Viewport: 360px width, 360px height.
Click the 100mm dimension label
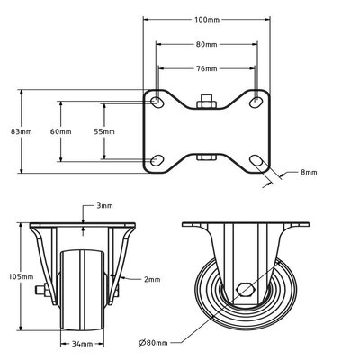[x=205, y=19]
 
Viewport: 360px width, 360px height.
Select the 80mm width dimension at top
[x=205, y=43]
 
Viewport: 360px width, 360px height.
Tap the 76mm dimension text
[x=205, y=68]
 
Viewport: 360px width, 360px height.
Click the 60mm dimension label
[x=60, y=131]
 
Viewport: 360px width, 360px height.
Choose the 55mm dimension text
[x=103, y=131]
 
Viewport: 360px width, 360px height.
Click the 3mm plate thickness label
[x=105, y=206]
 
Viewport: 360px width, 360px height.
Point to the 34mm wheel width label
[x=83, y=343]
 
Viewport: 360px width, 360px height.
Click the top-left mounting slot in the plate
[x=158, y=99]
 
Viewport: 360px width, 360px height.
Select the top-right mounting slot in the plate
[x=256, y=99]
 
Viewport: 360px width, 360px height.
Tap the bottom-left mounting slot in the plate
[x=157, y=160]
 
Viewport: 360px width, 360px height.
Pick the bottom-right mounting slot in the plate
[x=256, y=161]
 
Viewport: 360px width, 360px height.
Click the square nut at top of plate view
[x=206, y=101]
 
